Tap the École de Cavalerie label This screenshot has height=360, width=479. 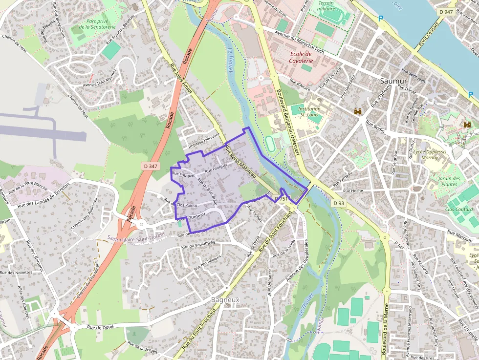tap(301, 57)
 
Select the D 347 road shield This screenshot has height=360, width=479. tap(151, 166)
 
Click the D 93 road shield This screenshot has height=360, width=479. tap(339, 203)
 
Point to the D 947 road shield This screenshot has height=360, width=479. tap(445, 11)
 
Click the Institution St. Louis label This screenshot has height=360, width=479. tap(309, 112)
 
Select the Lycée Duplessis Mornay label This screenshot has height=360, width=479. tap(430, 154)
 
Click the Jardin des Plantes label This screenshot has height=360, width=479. tap(449, 181)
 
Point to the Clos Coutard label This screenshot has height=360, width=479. tap(459, 209)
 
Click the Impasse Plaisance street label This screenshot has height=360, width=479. tap(204, 142)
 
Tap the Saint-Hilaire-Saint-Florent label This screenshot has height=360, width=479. tap(142, 238)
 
